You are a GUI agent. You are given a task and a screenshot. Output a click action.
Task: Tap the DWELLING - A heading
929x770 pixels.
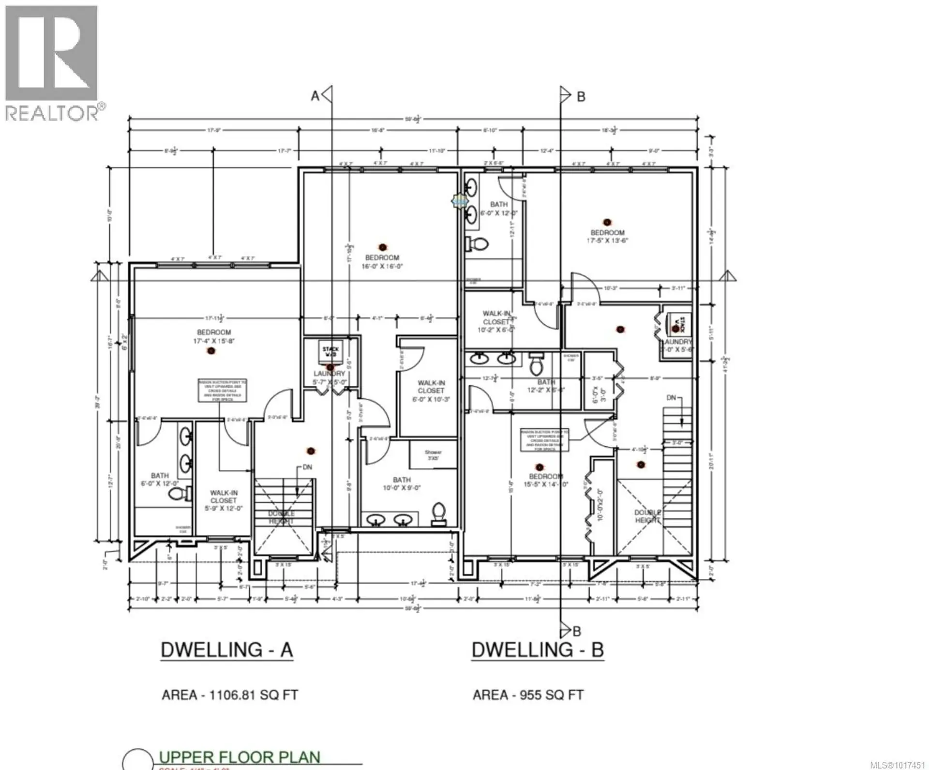[x=226, y=650]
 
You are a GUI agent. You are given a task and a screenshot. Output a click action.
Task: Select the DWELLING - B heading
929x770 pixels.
[x=538, y=650]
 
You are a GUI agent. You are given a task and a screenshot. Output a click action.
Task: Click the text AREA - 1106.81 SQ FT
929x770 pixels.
[x=229, y=695]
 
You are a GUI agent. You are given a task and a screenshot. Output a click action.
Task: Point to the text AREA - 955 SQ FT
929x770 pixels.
[x=528, y=695]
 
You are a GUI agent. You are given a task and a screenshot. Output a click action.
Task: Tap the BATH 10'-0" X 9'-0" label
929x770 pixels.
[x=401, y=484]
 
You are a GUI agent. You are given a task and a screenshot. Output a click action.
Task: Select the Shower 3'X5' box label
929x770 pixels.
[x=433, y=454]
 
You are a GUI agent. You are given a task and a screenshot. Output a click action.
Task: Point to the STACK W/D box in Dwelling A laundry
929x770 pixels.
[x=331, y=352]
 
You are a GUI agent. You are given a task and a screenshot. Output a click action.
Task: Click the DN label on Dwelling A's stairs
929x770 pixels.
[x=307, y=467]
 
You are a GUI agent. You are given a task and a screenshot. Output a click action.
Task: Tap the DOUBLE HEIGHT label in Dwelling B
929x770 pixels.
[x=647, y=516]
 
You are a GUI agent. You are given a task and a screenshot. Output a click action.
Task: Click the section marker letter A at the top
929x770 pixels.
[x=315, y=96]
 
